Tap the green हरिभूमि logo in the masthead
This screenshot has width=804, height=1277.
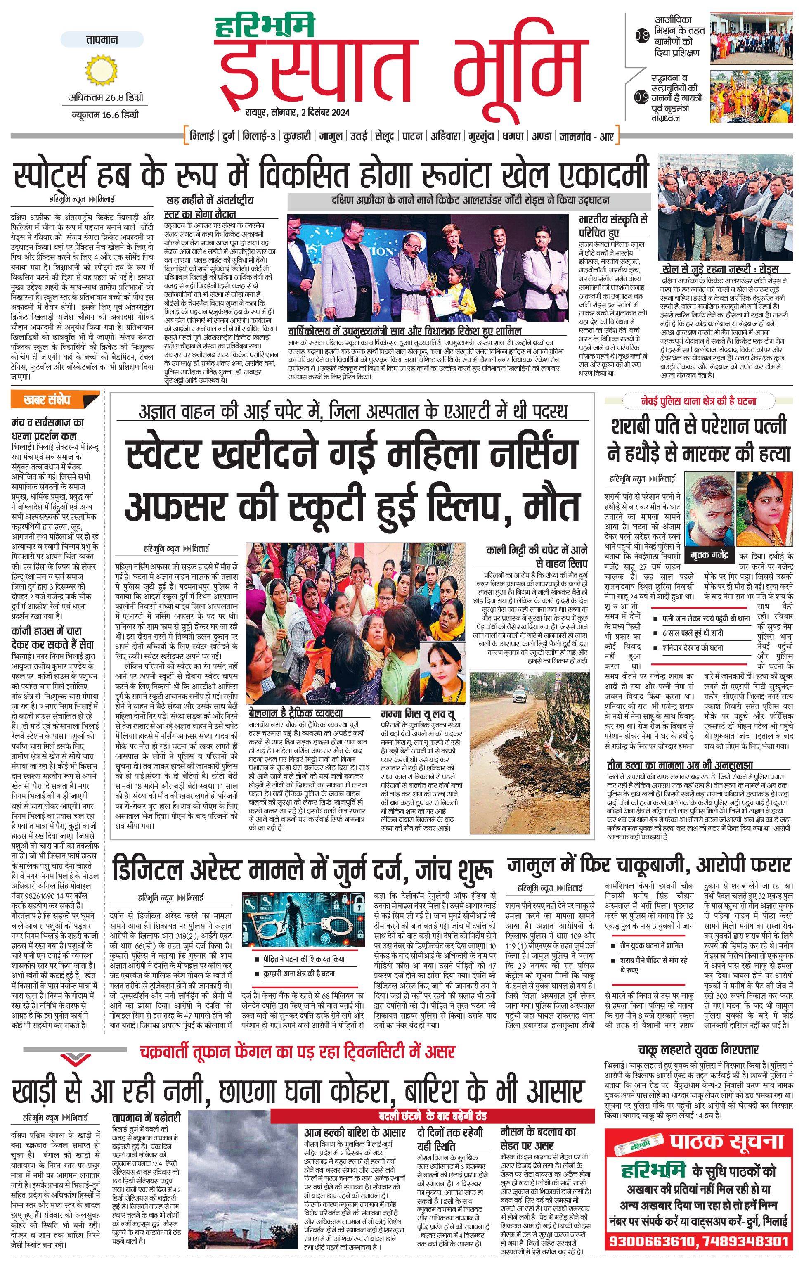(265, 26)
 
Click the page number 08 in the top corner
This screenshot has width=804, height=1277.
(642, 36)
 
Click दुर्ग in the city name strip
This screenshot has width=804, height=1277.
(228, 136)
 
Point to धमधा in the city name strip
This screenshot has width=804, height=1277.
(513, 136)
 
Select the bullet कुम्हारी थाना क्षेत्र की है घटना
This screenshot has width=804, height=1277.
(300, 974)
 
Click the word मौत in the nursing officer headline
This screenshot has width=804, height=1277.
(551, 507)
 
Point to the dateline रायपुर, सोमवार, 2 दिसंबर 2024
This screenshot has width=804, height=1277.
(297, 112)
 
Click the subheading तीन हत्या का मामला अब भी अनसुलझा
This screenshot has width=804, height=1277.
(680, 765)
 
